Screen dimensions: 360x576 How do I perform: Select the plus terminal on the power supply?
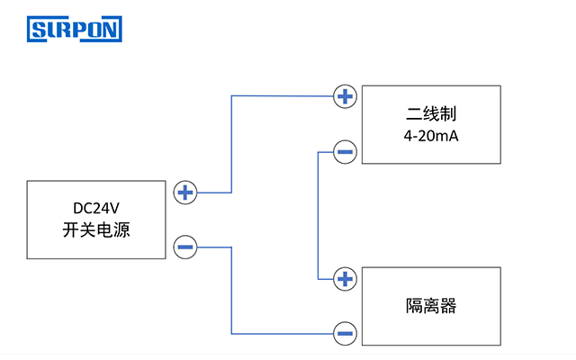184,193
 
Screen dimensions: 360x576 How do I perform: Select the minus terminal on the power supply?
184,247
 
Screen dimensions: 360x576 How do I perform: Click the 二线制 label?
431,115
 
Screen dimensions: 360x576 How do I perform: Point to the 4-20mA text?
431,137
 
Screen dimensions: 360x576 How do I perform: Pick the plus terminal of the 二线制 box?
345,96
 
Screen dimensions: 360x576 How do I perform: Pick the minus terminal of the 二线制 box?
345,151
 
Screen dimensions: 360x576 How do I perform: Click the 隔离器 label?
431,306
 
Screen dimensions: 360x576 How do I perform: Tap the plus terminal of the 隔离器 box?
345,279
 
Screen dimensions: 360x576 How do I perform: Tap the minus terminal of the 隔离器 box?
345,333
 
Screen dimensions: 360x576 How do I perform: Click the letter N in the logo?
112,31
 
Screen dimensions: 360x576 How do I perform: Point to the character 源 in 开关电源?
121,230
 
